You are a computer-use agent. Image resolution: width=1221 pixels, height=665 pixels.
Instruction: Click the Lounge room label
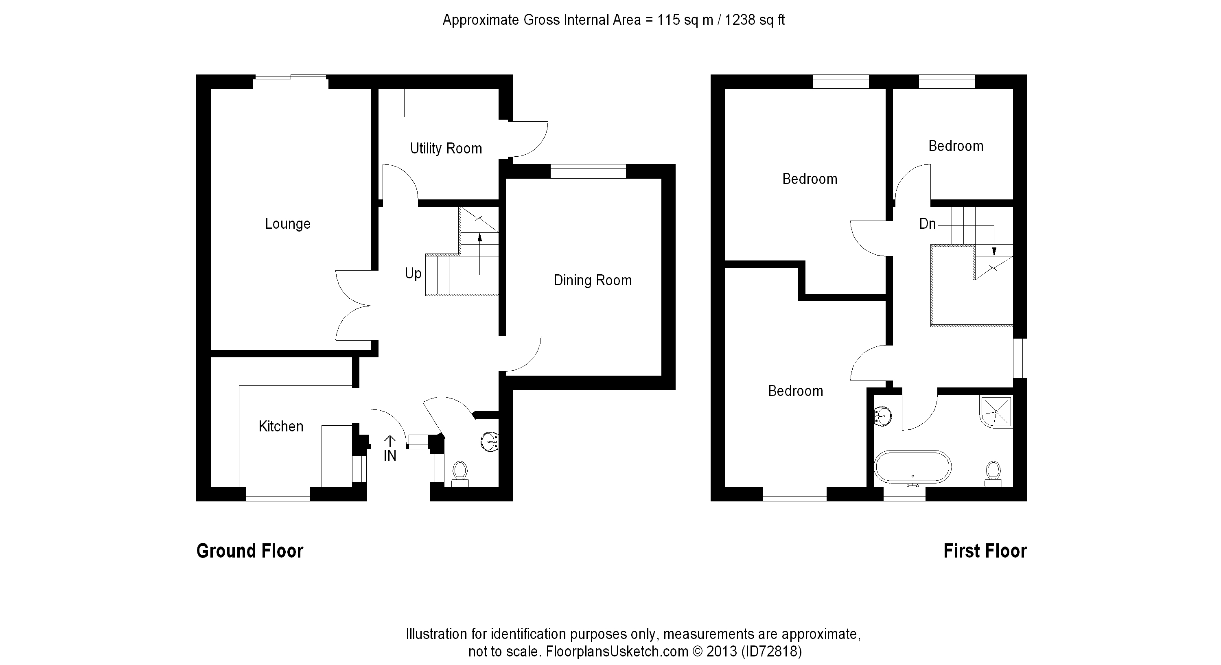point(287,224)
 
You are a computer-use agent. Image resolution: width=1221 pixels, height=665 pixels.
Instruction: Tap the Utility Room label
point(446,149)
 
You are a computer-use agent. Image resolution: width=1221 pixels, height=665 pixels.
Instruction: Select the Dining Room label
point(593,280)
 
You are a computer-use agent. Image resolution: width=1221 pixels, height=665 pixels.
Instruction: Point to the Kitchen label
point(280,426)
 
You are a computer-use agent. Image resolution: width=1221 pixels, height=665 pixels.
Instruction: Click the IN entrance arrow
point(389,441)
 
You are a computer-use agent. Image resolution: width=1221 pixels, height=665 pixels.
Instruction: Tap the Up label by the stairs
point(413,273)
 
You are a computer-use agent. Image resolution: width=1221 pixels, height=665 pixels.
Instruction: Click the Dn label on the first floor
point(927,224)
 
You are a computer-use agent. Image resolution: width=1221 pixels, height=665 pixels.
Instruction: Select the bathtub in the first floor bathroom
point(912,467)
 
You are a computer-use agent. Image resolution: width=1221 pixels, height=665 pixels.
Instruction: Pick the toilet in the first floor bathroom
point(993,473)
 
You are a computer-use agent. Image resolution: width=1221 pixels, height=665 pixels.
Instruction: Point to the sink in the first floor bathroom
point(882,416)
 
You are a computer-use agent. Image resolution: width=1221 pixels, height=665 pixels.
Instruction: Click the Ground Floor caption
point(250,551)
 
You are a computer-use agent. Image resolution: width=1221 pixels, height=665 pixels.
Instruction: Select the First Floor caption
point(985,551)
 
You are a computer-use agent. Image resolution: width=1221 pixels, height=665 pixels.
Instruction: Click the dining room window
point(588,171)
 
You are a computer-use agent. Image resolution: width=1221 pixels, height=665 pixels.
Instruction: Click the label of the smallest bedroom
point(956,146)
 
